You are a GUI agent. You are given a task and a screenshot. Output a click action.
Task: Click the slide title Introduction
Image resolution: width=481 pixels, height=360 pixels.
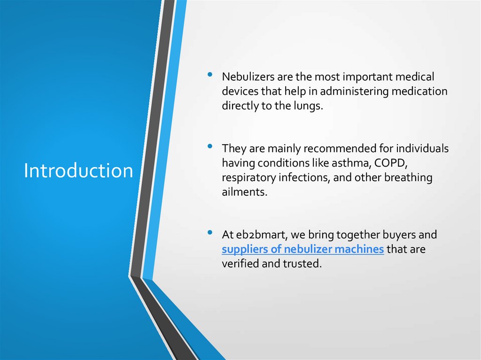click(x=78, y=171)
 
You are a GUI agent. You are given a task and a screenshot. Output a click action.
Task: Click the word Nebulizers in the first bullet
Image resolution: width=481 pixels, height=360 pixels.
click(x=246, y=77)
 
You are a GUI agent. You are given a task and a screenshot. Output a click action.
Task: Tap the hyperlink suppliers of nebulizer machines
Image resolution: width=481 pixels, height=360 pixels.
click(x=303, y=249)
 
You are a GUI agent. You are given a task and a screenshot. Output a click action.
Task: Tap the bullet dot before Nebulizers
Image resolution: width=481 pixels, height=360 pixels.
click(x=210, y=74)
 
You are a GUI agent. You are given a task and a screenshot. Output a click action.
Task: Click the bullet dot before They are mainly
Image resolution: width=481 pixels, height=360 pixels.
click(x=210, y=146)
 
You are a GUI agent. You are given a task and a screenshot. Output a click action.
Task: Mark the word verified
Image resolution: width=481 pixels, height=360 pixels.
click(x=240, y=264)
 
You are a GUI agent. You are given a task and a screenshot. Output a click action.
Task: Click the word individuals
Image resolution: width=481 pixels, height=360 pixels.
click(x=422, y=149)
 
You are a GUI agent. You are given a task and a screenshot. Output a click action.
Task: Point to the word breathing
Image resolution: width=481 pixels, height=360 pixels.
click(x=408, y=178)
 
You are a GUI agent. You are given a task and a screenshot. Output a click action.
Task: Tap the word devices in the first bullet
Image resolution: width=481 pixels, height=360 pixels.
click(x=239, y=92)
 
